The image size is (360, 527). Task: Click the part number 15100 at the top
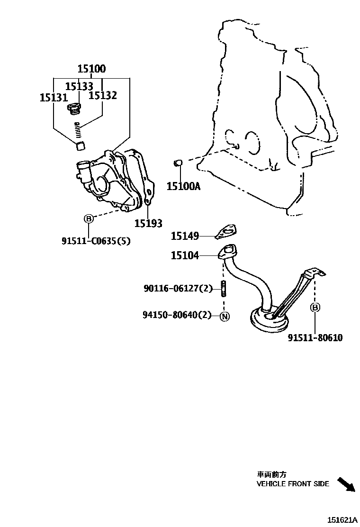click(92, 69)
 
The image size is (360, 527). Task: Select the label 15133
click(79, 86)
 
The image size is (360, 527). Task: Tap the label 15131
click(54, 98)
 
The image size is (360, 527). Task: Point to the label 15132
click(103, 95)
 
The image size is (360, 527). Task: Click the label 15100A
click(183, 186)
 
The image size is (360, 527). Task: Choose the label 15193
click(148, 223)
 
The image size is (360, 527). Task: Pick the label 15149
click(185, 236)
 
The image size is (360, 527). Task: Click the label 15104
click(185, 255)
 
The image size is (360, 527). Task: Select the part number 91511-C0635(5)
click(96, 241)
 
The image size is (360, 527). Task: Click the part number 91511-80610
click(315, 338)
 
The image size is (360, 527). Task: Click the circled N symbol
click(225, 316)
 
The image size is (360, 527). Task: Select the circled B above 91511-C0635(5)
click(89, 218)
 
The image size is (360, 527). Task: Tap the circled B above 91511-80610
click(315, 308)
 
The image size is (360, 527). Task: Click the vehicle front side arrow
click(346, 484)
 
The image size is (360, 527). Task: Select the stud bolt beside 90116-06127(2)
click(222, 288)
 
